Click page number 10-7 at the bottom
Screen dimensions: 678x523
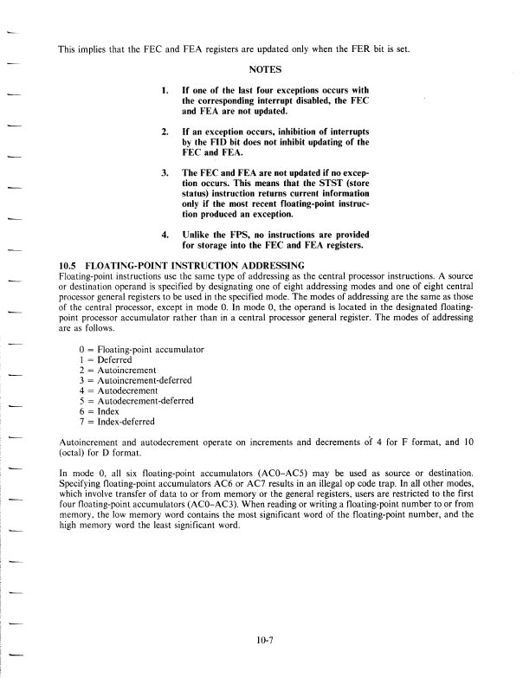pos(267,641)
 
